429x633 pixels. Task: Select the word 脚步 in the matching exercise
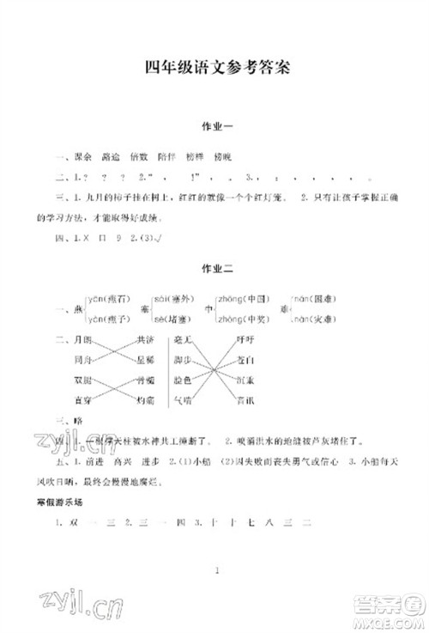(x=182, y=359)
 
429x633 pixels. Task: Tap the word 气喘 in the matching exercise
(x=182, y=399)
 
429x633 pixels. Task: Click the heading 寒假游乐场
(x=70, y=501)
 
